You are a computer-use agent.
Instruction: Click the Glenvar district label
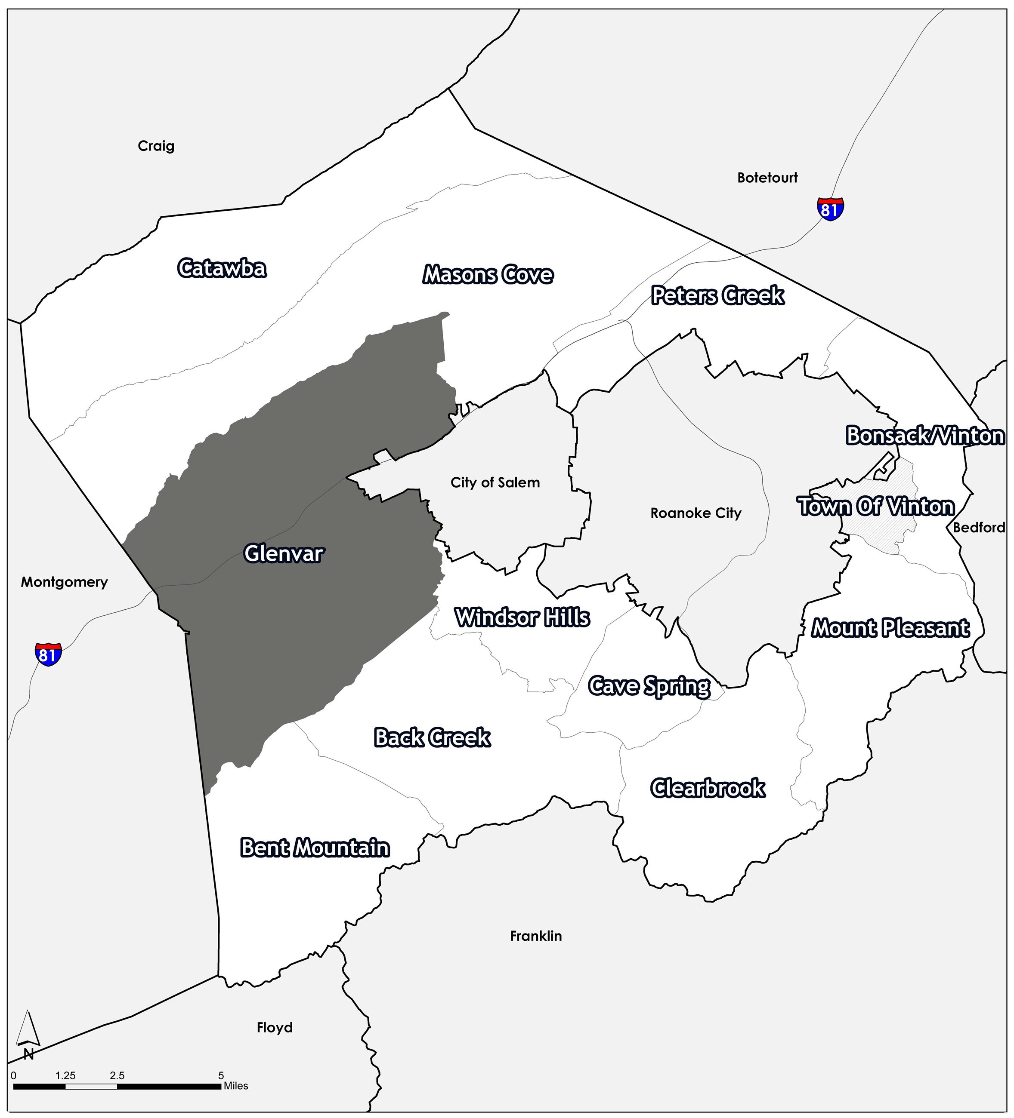coord(284,553)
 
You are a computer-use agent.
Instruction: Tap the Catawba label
coord(222,268)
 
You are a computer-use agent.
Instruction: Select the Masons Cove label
coord(488,275)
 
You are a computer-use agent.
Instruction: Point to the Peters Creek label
coord(717,295)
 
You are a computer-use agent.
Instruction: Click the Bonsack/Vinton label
coord(924,436)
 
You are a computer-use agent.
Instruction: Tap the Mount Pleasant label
coord(890,628)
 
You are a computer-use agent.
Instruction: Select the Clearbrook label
coord(708,788)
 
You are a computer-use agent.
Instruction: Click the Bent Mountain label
coord(315,848)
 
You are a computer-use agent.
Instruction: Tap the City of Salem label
coord(495,482)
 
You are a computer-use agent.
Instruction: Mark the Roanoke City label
coord(696,513)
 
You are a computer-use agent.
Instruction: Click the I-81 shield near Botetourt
coord(830,209)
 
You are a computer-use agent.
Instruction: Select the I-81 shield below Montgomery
coord(48,654)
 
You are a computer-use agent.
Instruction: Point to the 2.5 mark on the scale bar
coord(117,1076)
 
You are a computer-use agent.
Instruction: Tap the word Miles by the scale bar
coord(236,1086)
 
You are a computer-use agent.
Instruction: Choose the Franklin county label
coord(535,936)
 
